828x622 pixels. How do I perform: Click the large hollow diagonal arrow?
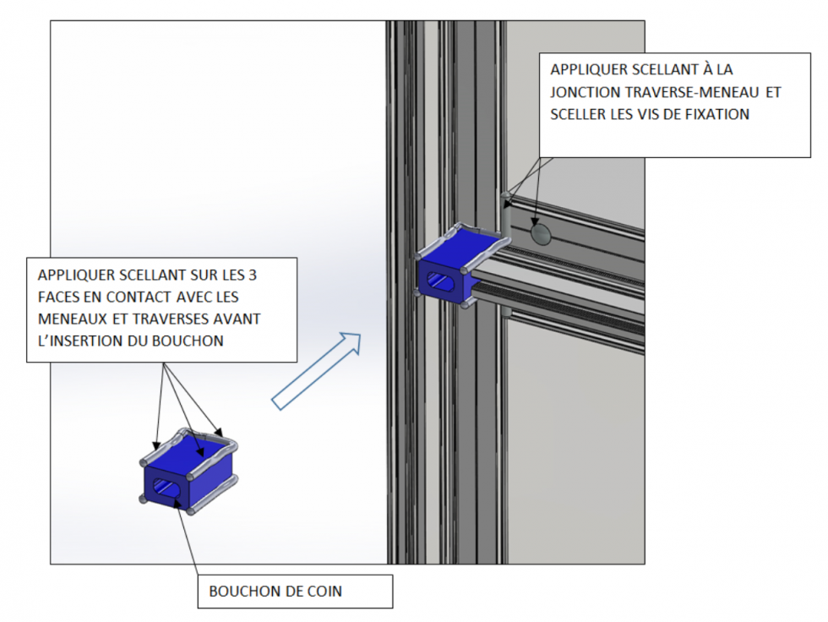pyautogui.click(x=317, y=371)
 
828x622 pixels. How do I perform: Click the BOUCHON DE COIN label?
pyautogui.click(x=275, y=592)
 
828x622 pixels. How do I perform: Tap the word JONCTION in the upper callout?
pyautogui.click(x=585, y=92)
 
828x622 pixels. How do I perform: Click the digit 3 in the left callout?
pyautogui.click(x=253, y=276)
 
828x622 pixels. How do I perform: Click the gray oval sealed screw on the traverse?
pyautogui.click(x=540, y=233)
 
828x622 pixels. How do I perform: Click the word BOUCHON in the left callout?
pyautogui.click(x=188, y=341)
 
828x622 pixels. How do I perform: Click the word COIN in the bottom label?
pyautogui.click(x=325, y=592)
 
